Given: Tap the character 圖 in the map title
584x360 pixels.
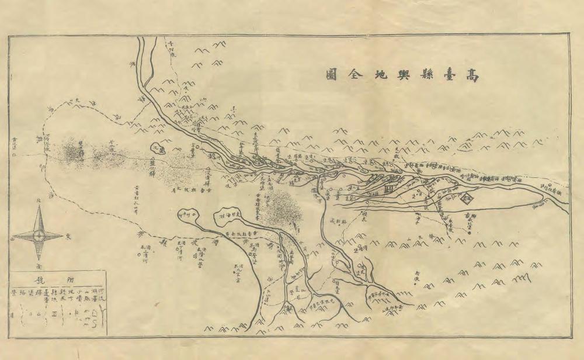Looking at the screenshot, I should click(x=332, y=74).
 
